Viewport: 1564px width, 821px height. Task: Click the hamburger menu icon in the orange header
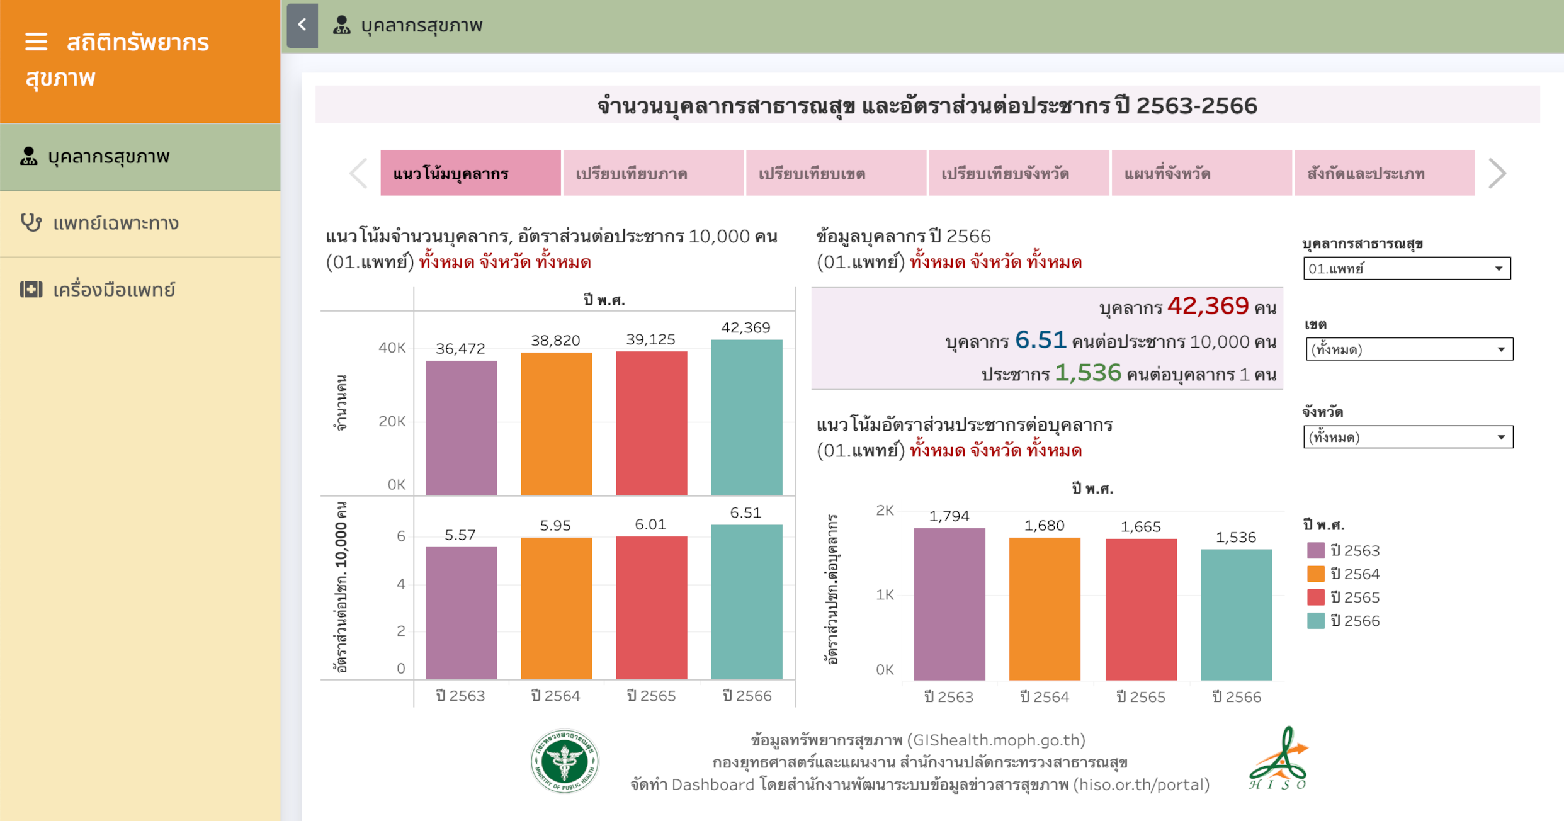pyautogui.click(x=36, y=42)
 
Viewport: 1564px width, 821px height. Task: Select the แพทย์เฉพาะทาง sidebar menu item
pyautogui.click(x=116, y=224)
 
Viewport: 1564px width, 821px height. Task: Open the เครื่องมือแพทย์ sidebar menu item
pyautogui.click(x=113, y=290)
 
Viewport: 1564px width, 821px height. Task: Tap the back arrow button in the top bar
pyautogui.click(x=302, y=25)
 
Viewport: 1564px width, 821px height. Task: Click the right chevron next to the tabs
pyautogui.click(x=1497, y=173)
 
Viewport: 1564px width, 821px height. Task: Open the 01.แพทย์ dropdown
pyautogui.click(x=1407, y=269)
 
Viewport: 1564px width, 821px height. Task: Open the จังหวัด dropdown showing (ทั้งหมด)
pyautogui.click(x=1408, y=437)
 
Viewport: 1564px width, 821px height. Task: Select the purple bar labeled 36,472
pyautogui.click(x=461, y=428)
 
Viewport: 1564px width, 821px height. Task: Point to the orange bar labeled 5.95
pyautogui.click(x=556, y=608)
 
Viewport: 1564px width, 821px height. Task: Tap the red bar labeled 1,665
pyautogui.click(x=1141, y=609)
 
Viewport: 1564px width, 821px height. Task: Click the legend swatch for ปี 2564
pyautogui.click(x=1315, y=574)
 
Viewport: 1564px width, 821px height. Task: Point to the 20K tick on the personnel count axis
pyautogui.click(x=392, y=421)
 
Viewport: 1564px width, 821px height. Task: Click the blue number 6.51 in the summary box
pyautogui.click(x=1040, y=341)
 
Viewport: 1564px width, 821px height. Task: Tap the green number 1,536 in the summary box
pyautogui.click(x=1087, y=373)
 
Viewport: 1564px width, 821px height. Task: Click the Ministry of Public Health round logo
pyautogui.click(x=564, y=761)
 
